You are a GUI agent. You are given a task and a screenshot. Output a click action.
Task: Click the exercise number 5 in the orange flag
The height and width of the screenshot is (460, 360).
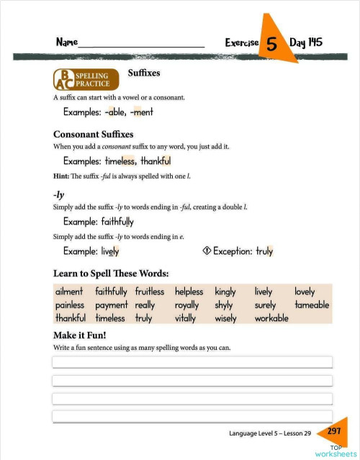272,42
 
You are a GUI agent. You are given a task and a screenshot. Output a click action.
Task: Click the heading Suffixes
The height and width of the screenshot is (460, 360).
143,73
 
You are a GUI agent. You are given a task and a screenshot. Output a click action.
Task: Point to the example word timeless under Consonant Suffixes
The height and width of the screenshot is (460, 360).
120,161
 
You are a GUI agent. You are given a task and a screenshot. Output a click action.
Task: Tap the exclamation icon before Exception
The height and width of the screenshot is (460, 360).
206,251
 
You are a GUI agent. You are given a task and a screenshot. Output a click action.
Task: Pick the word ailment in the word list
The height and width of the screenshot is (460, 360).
69,292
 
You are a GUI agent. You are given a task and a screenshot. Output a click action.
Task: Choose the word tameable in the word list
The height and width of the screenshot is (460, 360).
312,305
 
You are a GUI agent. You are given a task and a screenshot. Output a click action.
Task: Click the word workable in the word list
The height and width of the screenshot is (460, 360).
271,317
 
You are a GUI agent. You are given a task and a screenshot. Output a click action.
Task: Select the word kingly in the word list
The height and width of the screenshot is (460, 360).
225,292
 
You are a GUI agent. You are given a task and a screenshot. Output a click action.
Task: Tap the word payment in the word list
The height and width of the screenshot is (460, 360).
112,305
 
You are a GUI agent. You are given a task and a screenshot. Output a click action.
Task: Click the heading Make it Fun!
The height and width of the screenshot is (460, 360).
79,335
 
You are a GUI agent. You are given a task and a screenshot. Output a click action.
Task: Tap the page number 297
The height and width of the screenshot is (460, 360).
334,431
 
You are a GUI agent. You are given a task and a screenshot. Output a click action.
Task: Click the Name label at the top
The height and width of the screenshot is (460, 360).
67,42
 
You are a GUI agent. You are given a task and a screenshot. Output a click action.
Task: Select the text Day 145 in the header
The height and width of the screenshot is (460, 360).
305,42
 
